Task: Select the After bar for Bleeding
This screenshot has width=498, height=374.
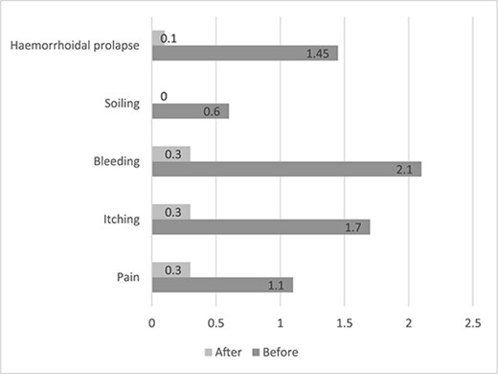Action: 170,153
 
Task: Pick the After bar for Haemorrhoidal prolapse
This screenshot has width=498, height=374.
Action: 158,37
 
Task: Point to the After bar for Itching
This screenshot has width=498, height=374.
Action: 170,211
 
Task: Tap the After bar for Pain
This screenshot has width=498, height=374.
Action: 170,269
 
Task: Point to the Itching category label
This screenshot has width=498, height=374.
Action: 121,219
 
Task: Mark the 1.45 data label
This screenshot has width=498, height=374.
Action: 317,54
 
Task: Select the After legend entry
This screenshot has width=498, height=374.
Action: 222,351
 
